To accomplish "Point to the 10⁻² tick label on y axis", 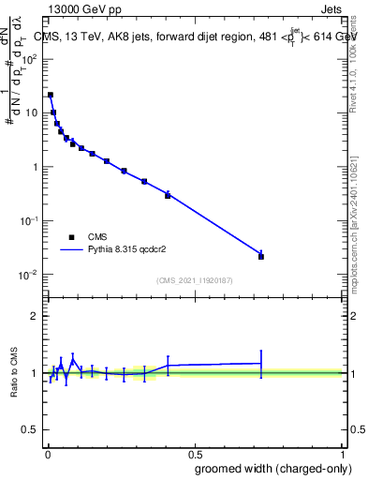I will pyautogui.click(x=28, y=275).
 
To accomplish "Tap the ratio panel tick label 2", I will pyautogui.click(x=34, y=316).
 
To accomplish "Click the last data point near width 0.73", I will pyautogui.click(x=261, y=256).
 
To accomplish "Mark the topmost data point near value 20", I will pyautogui.click(x=51, y=95).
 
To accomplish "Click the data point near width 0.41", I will pyautogui.click(x=168, y=195).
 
